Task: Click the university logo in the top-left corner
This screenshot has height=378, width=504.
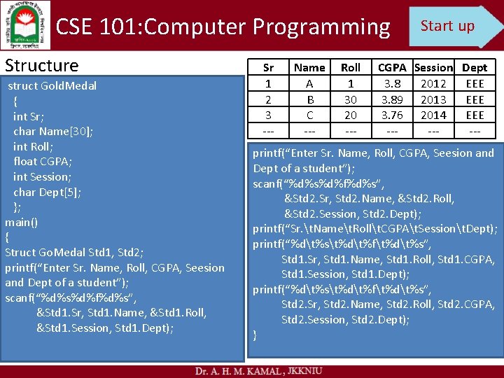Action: click(x=26, y=24)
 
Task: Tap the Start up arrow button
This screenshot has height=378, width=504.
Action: click(x=452, y=27)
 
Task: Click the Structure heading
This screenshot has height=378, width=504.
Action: click(x=42, y=66)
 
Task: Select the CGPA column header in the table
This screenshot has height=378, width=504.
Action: click(x=392, y=68)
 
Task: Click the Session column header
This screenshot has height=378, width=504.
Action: click(x=433, y=68)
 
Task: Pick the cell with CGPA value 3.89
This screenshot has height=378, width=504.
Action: click(x=392, y=99)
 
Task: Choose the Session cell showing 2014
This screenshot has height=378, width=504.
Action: click(x=433, y=115)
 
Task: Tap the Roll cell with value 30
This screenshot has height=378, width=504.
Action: click(x=350, y=99)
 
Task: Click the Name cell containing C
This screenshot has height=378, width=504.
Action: click(x=309, y=115)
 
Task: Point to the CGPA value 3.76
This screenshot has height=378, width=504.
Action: click(x=392, y=115)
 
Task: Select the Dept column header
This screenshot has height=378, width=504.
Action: click(x=475, y=68)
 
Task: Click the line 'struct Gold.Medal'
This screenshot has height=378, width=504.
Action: click(x=52, y=86)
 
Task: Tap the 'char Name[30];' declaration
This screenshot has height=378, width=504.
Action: click(x=53, y=132)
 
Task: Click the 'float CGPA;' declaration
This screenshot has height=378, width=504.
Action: click(x=43, y=162)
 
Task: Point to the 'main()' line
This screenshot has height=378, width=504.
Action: click(x=22, y=222)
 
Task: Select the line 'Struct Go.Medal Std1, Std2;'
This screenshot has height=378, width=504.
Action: click(x=74, y=253)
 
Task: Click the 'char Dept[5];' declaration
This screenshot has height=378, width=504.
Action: click(x=48, y=192)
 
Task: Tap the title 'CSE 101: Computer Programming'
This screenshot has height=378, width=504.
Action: click(x=223, y=27)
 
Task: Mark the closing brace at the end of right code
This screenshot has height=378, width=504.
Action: click(x=255, y=335)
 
